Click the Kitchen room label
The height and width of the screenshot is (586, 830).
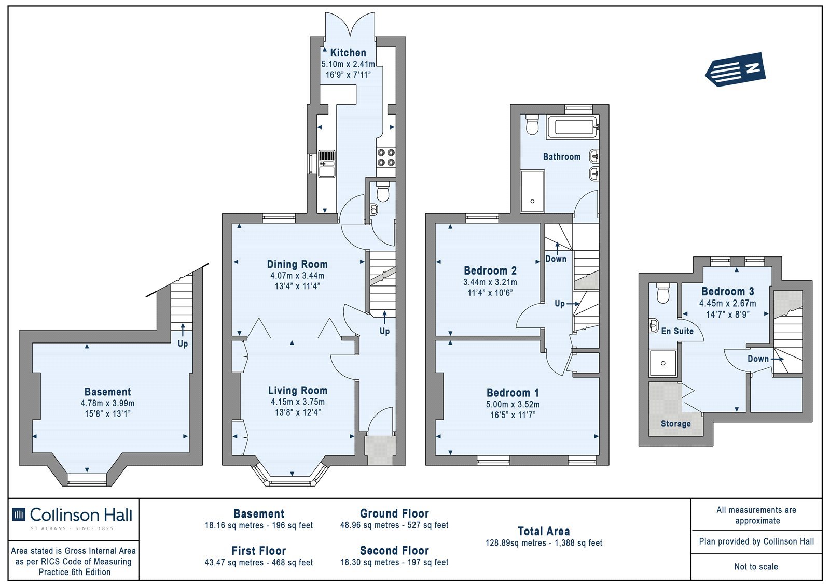coord(348,52)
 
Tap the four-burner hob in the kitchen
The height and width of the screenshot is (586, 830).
coord(386,158)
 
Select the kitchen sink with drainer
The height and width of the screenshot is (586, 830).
coord(327,164)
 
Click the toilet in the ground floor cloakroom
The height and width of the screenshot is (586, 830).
coord(382,191)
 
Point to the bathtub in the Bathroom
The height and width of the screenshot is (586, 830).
coord(572,127)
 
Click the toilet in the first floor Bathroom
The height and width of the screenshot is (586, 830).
coord(532,124)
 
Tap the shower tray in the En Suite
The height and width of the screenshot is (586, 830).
coord(663,363)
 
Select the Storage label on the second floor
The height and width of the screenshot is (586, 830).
coord(676,424)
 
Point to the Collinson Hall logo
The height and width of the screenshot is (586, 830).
coord(73,518)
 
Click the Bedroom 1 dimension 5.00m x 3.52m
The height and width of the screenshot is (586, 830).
coord(513,404)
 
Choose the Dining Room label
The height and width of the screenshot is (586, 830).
coord(297,264)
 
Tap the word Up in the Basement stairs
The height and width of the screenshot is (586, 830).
coord(183,344)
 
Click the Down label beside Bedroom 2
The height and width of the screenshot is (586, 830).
coord(556,259)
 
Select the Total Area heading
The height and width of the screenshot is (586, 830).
coord(544,531)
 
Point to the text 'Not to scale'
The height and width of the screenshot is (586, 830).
coord(756,567)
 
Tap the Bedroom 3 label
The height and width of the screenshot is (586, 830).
coord(728,292)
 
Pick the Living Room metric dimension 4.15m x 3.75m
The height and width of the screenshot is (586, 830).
coord(298,402)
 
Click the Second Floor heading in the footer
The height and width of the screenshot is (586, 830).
coord(394,551)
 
